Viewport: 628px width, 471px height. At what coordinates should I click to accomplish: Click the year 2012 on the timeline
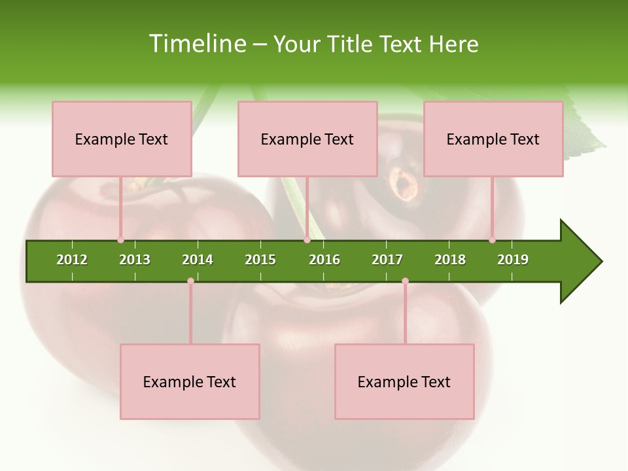[72, 260]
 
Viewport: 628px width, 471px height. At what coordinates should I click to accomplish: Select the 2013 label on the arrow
[135, 260]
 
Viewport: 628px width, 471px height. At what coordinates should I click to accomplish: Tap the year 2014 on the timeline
[198, 260]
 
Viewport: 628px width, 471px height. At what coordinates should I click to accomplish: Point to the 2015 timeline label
[260, 260]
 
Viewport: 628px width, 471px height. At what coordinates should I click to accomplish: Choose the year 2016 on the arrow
[324, 260]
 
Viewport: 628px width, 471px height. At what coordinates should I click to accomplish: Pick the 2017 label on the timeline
[387, 260]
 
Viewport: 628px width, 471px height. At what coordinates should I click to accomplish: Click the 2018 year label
[450, 260]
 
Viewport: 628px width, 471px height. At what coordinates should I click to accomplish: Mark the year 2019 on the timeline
[513, 260]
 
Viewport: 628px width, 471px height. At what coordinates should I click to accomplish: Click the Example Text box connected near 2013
[122, 139]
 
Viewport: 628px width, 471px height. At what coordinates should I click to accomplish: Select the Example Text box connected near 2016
[307, 139]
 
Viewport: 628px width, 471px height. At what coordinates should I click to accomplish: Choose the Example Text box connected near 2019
[493, 139]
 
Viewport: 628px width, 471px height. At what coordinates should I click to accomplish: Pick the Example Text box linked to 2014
[190, 381]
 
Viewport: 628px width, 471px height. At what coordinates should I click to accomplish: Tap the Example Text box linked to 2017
[404, 381]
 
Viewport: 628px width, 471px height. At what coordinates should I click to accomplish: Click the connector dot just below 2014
[190, 281]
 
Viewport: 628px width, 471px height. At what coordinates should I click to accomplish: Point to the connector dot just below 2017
[405, 281]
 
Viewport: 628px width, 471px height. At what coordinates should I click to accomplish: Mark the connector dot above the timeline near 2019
[493, 240]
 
